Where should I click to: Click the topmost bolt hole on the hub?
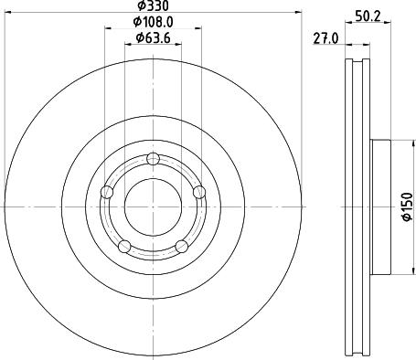[x=153, y=161]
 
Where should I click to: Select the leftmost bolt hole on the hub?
[x=107, y=192]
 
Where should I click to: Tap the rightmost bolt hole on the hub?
[x=197, y=191]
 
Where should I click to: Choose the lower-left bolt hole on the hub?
[x=124, y=245]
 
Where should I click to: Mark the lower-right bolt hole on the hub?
[x=181, y=246]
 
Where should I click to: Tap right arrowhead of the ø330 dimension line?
[x=298, y=14]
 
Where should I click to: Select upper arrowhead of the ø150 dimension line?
[x=400, y=142]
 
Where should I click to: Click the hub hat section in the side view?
[x=381, y=208]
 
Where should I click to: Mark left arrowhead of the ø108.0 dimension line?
[x=108, y=28]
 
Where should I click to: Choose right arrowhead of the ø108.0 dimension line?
[x=197, y=28]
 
